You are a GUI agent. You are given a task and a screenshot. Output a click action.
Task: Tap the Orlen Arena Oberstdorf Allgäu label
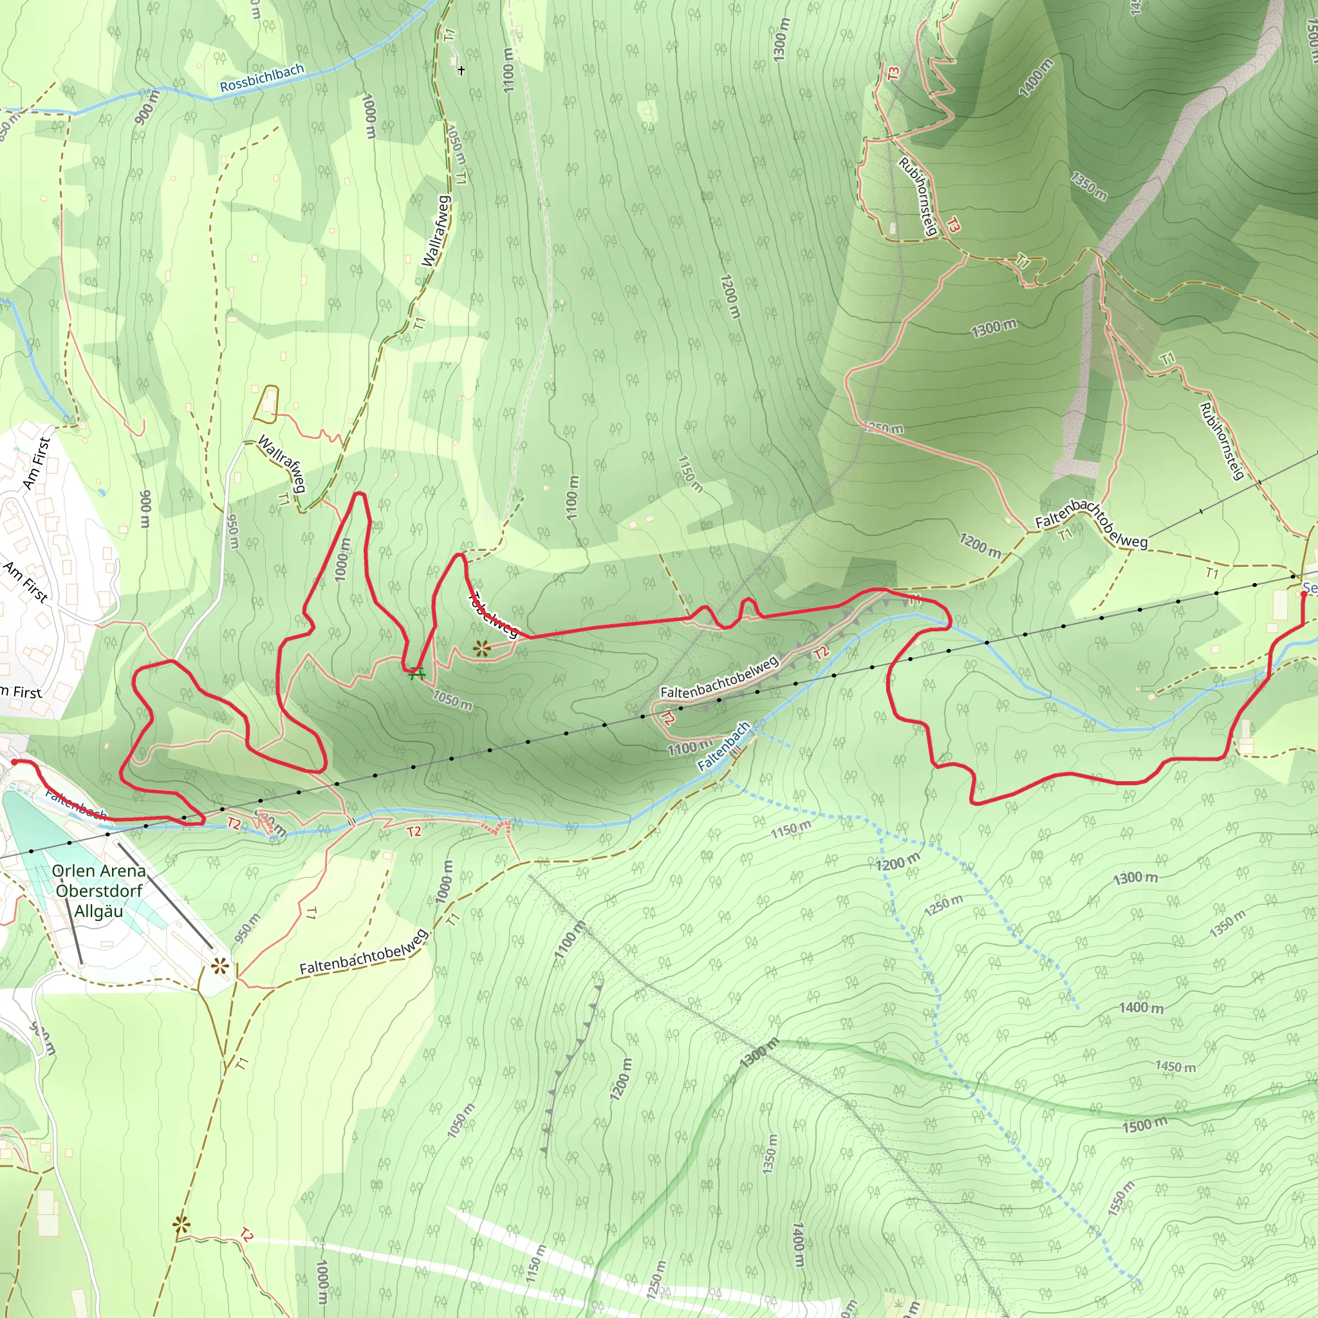99,890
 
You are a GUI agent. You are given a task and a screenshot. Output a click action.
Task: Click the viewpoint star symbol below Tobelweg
482,648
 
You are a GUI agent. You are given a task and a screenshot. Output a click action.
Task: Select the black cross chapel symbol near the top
462,70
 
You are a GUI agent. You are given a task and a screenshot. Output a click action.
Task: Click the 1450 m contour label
1174,1066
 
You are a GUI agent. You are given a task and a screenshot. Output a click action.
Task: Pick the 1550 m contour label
1121,1198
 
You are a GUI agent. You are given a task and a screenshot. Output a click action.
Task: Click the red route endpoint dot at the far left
14,762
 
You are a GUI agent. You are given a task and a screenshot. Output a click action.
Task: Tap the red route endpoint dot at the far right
1304,594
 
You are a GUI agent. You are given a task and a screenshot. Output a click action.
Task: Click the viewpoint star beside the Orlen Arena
219,966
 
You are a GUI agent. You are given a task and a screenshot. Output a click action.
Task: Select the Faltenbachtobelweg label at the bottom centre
364,952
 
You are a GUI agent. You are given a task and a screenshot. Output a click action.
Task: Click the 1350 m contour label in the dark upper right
1089,186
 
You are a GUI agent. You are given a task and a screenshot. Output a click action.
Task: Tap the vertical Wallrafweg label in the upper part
436,230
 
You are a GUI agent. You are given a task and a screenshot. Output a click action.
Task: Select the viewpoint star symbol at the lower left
181,1225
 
